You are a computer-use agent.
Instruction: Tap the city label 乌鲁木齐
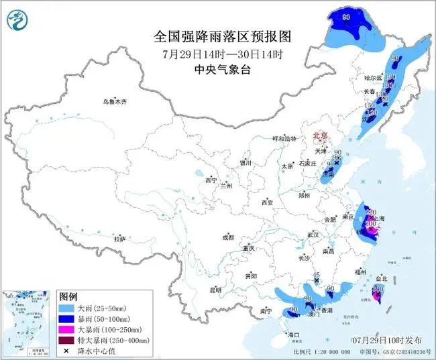[x=114, y=101]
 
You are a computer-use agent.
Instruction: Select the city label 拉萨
[x=119, y=239]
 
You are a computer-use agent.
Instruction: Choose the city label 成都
[x=228, y=237]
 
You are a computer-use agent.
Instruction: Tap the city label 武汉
[x=312, y=235]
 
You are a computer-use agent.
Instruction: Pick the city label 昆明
[x=215, y=290]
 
